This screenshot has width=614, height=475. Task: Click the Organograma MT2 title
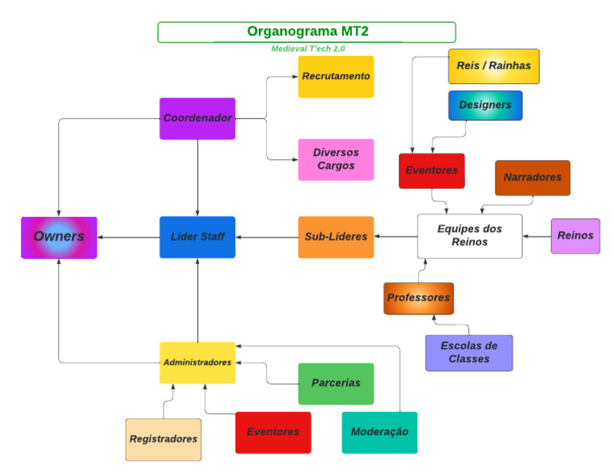tap(307, 32)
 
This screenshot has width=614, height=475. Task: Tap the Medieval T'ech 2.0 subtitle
tap(308, 49)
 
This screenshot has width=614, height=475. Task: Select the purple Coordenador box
tap(197, 118)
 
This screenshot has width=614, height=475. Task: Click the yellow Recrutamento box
tap(336, 77)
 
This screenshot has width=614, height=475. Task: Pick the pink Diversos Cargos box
tap(336, 159)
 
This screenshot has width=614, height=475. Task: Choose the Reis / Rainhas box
tap(493, 66)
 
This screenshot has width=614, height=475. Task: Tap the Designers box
tap(484, 106)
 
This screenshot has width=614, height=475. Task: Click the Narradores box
tap(532, 178)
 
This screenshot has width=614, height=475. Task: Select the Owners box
tap(59, 237)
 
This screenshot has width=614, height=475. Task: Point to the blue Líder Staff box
tap(197, 237)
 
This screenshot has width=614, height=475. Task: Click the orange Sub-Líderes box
tap(336, 237)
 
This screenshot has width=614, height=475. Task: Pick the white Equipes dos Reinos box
tap(470, 236)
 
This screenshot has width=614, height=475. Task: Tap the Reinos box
tap(575, 236)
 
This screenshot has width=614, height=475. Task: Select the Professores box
tap(418, 298)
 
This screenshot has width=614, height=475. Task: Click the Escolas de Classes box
tap(468, 353)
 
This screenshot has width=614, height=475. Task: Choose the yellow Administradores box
tap(197, 362)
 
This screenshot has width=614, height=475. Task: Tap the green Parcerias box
tap(336, 384)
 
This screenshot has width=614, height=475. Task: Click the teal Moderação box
tap(379, 432)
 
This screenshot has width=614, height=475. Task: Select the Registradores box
tap(163, 439)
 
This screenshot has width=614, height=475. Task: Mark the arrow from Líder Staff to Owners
tap(128, 237)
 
